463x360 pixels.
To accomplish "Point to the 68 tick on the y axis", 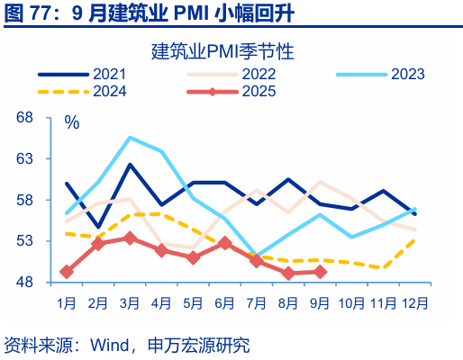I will (24, 118).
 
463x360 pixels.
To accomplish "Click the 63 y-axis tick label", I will (24, 159).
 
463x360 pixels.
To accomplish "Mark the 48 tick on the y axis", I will (24, 283).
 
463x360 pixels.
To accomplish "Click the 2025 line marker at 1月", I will (67, 271).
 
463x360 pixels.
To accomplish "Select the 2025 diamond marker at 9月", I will (319, 272).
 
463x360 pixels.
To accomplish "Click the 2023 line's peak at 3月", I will (130, 138).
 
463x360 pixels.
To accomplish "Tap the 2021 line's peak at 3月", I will (130, 166).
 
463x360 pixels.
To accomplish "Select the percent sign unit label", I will (72, 122).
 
